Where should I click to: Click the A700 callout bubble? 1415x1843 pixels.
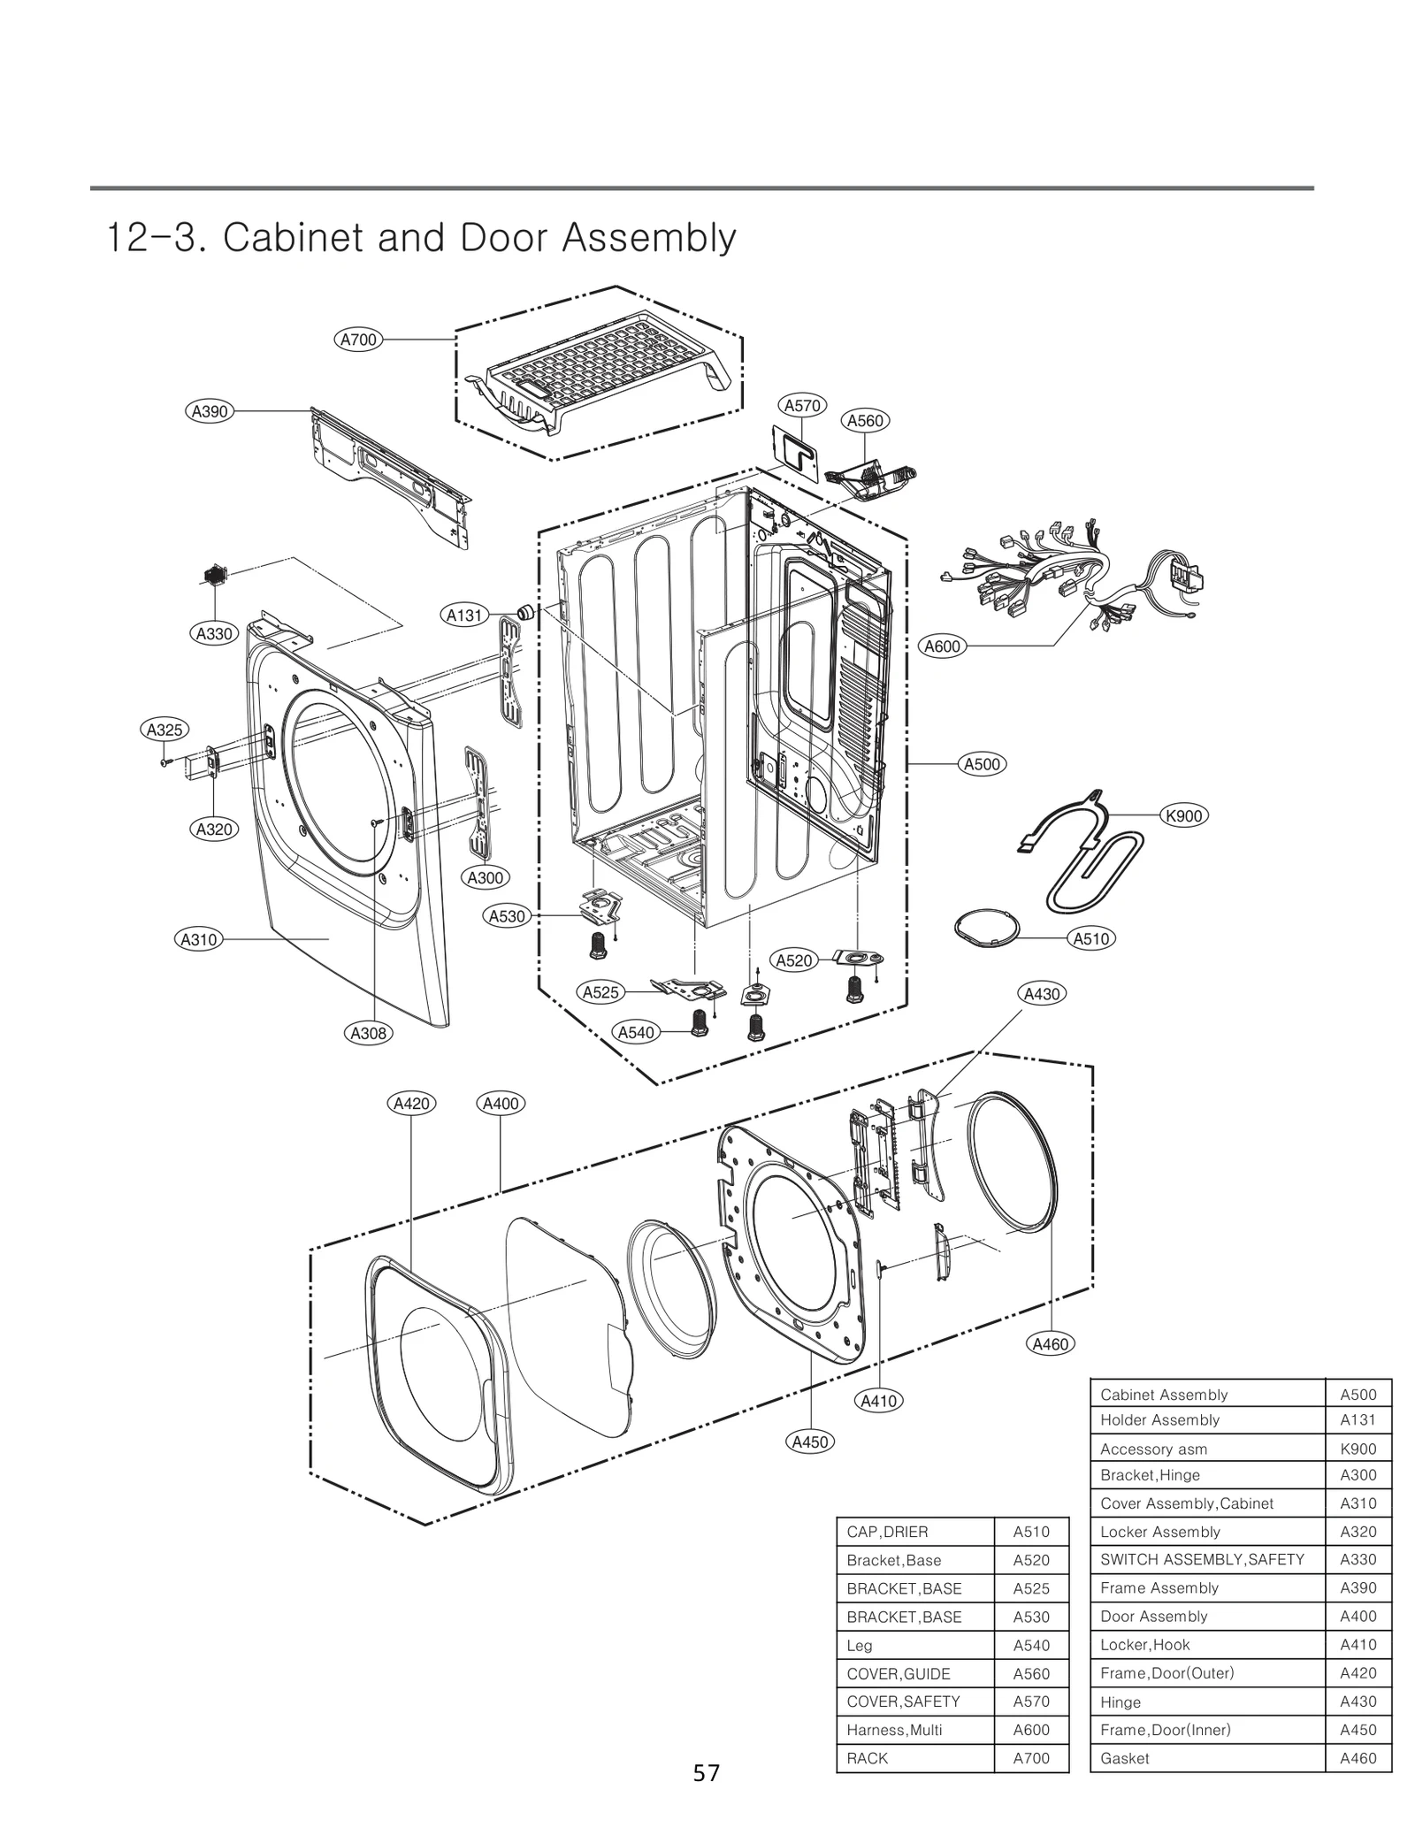(359, 340)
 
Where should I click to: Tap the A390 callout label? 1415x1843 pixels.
(210, 411)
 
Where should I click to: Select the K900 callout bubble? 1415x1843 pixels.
(1183, 815)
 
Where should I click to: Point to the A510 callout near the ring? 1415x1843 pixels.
(1091, 938)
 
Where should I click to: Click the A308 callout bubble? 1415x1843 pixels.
(369, 1033)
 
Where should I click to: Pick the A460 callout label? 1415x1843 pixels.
(1051, 1344)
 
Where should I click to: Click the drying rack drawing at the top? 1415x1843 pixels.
(601, 371)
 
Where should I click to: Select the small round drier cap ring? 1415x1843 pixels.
(987, 928)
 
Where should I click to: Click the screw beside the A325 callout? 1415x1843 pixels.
(165, 761)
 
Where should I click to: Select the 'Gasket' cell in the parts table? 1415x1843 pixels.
(1125, 1759)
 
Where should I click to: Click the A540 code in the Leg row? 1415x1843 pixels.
(1031, 1646)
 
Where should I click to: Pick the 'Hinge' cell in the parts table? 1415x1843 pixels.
(1121, 1702)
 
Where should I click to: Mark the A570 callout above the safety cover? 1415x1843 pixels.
(802, 406)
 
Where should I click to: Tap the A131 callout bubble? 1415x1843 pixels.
(464, 616)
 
